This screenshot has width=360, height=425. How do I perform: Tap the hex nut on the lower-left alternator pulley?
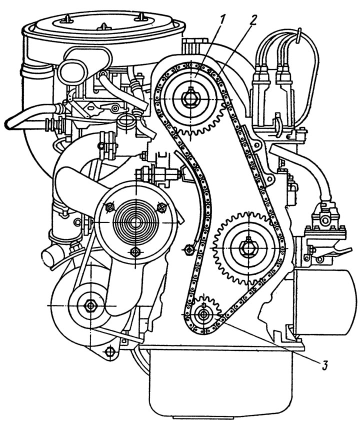pos(89,305)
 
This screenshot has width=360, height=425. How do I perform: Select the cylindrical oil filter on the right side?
pos(326,302)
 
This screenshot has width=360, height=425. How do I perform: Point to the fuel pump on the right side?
pos(326,225)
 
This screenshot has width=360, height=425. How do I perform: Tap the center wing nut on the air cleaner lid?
pos(104,26)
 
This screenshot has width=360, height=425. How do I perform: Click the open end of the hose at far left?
pos(8,124)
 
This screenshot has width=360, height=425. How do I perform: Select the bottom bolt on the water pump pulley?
pos(134,252)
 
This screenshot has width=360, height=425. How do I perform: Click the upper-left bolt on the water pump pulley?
pos(109,208)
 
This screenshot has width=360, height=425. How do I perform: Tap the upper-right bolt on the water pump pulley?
pos(161,207)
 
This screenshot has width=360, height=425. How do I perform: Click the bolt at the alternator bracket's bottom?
pos(109,352)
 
